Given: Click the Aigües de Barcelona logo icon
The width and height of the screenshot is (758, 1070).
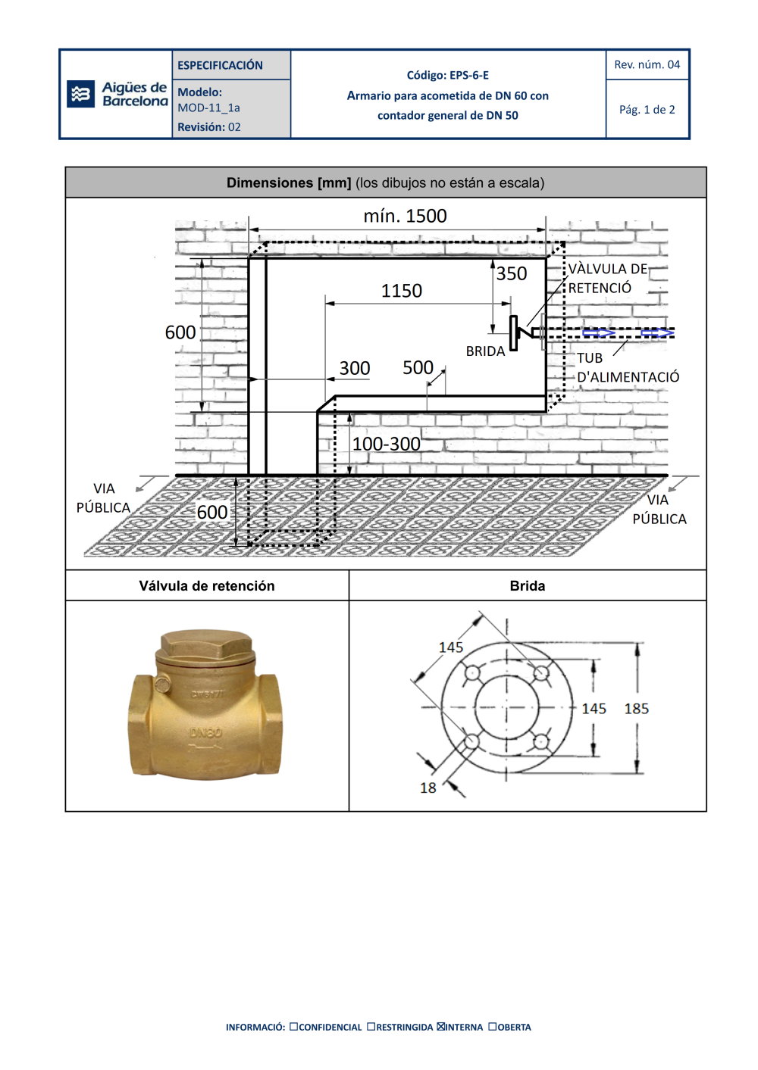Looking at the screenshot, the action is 80,94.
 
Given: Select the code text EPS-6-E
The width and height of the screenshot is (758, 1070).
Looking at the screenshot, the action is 469,76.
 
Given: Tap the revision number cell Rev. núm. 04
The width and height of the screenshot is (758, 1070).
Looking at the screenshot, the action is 647,64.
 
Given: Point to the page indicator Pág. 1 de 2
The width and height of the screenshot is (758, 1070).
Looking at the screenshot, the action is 647,110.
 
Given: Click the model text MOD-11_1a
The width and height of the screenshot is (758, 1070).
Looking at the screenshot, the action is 208,108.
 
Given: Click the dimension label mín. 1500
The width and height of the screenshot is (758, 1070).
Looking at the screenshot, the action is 405,216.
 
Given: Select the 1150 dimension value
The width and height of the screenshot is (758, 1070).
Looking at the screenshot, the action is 401,291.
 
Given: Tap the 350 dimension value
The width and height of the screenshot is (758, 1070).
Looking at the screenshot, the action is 511,273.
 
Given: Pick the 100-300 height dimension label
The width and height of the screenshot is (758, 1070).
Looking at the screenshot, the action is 387,445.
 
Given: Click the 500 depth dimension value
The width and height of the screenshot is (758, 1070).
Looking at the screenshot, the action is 418,368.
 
